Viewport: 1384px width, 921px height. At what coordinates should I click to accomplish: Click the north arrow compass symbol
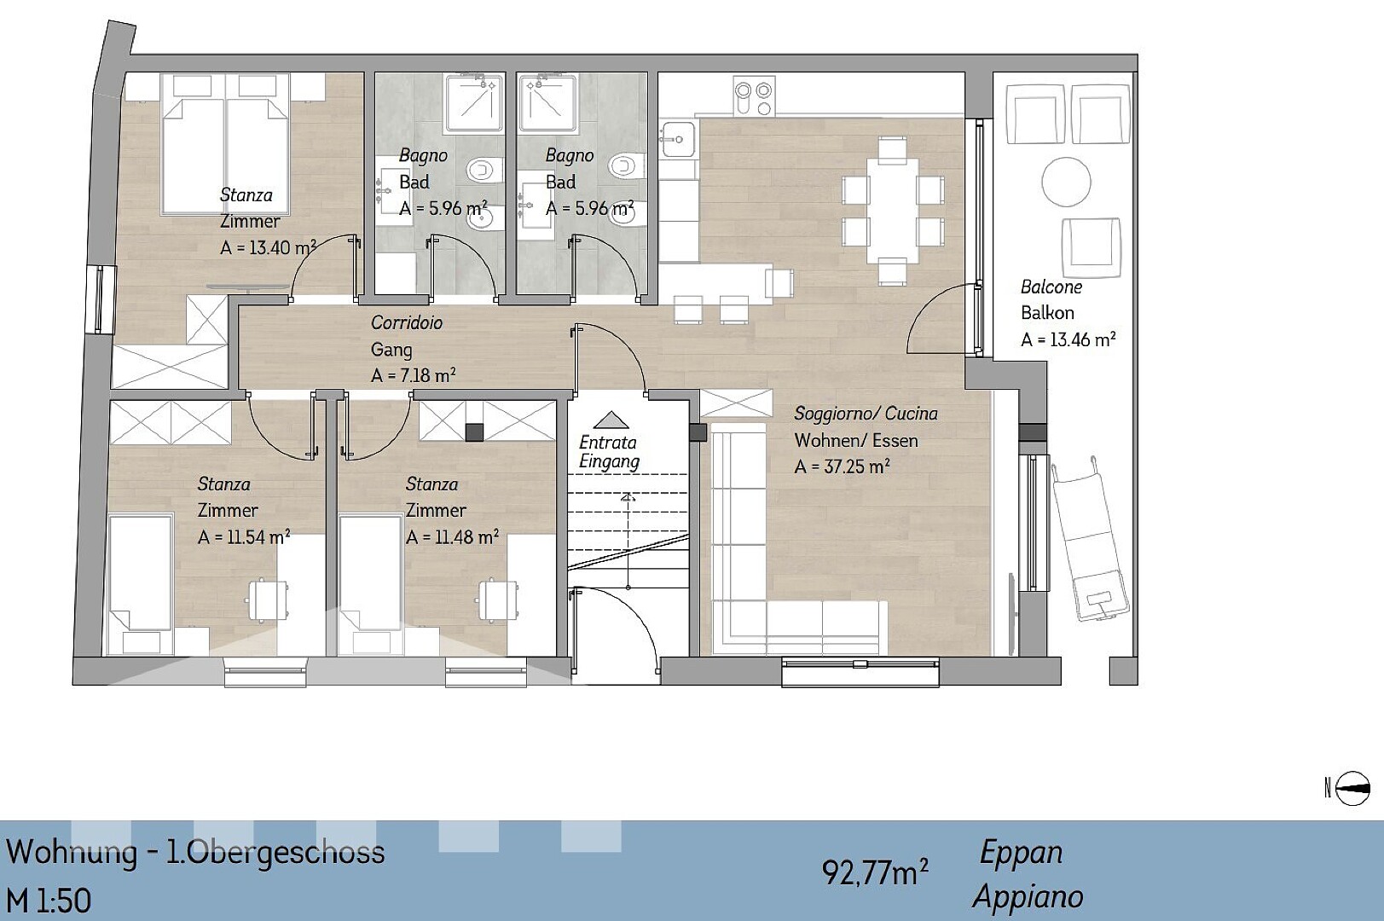tap(1352, 788)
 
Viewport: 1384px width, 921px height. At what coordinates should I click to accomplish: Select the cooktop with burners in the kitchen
tap(755, 96)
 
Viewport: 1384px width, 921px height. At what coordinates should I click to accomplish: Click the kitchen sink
tap(678, 139)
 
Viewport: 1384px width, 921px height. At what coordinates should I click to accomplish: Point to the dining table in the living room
tap(893, 211)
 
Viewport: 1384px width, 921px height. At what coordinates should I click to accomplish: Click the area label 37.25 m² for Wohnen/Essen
tap(842, 466)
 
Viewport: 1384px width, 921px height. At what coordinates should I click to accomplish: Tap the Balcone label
tap(1051, 287)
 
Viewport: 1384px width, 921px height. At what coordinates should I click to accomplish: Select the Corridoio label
tap(406, 322)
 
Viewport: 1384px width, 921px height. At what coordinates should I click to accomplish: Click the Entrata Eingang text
tap(609, 452)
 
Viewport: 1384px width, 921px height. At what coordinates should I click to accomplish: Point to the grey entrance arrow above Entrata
tap(611, 420)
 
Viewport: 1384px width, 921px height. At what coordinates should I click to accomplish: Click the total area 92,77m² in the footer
tap(874, 872)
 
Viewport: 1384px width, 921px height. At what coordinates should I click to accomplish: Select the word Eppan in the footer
tap(1021, 853)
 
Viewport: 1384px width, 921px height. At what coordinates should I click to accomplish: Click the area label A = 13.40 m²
tap(268, 247)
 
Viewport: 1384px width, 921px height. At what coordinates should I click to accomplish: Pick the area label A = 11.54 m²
tap(243, 537)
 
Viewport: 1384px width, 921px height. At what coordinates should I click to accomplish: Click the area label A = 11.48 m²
tap(452, 537)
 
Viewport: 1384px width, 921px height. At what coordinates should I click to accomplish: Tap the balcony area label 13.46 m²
tap(1068, 339)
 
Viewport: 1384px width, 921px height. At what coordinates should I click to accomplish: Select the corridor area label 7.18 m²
tap(413, 375)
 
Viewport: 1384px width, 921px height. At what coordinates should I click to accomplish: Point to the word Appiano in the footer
tap(1028, 897)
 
